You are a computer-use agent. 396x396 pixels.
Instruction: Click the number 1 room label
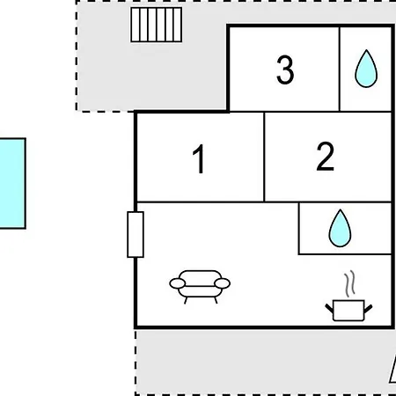[199, 158]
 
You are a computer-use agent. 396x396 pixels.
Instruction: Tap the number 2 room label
[326, 156]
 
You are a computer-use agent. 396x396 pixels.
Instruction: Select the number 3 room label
[285, 70]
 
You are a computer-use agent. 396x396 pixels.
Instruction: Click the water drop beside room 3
[366, 69]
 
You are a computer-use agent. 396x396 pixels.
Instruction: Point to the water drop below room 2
[340, 228]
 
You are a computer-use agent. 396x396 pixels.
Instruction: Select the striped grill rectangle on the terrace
[157, 25]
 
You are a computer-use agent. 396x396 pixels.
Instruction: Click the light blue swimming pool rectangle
[12, 183]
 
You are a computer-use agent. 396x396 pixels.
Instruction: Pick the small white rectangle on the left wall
[136, 234]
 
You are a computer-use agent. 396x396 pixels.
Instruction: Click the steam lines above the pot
[349, 283]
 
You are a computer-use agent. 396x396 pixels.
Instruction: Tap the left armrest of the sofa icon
[178, 283]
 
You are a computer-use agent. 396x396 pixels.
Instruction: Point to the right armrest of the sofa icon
[223, 283]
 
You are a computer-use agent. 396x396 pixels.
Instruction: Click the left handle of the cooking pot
[329, 308]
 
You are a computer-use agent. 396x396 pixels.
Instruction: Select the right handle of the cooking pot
[369, 309]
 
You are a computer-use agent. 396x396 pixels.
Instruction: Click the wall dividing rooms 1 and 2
[264, 157]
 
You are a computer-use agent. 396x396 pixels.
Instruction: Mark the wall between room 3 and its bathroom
[340, 70]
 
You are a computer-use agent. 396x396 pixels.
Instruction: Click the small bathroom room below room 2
[345, 228]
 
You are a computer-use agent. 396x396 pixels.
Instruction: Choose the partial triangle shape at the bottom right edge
[392, 370]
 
